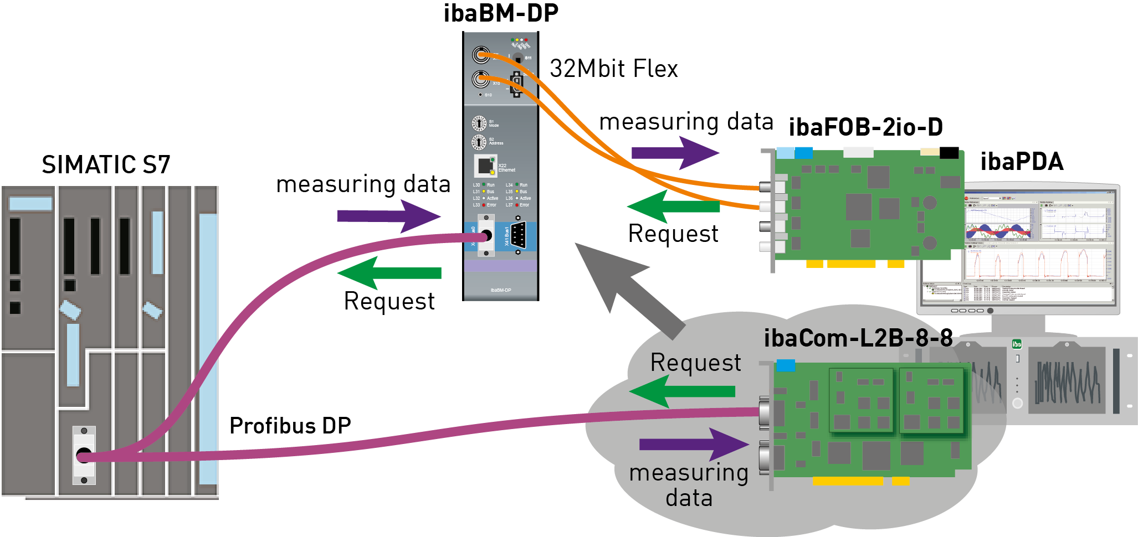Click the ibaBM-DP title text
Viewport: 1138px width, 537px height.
(501, 13)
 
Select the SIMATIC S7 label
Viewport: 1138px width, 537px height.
(106, 164)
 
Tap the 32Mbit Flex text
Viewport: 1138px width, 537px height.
(613, 69)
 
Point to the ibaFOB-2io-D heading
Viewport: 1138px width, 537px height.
(865, 127)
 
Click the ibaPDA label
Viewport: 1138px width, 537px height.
(1022, 162)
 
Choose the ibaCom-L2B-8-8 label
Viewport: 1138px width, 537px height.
(858, 338)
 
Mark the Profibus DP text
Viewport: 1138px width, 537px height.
(290, 426)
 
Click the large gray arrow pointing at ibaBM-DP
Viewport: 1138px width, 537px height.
(626, 288)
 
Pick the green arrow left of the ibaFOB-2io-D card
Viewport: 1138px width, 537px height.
(673, 206)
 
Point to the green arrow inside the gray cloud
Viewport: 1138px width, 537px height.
(682, 391)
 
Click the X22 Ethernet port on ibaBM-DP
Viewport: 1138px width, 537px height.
(485, 166)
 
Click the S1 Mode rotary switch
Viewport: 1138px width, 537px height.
(479, 123)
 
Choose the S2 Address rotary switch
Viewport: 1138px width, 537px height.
(479, 142)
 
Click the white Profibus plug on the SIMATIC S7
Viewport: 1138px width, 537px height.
(84, 455)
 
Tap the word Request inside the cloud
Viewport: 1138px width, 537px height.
(695, 363)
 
